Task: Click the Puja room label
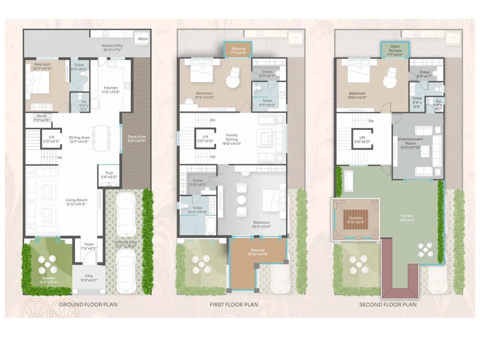pyautogui.click(x=109, y=175)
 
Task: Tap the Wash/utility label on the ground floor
pyautogui.click(x=112, y=48)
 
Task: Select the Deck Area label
pyautogui.click(x=136, y=139)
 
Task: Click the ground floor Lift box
pyautogui.click(x=51, y=139)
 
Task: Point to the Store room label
pyautogui.click(x=41, y=118)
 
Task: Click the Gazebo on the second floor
pyautogui.click(x=355, y=220)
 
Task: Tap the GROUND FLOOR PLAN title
pyautogui.click(x=88, y=304)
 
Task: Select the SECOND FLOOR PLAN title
pyautogui.click(x=388, y=304)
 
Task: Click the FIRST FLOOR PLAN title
pyautogui.click(x=234, y=304)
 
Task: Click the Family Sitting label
pyautogui.click(x=232, y=139)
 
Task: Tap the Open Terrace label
pyautogui.click(x=395, y=50)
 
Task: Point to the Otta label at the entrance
pyautogui.click(x=89, y=278)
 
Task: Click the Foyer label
pyautogui.click(x=89, y=246)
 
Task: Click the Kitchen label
pyautogui.click(x=111, y=90)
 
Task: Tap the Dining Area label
pyautogui.click(x=79, y=139)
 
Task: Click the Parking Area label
pyautogui.click(x=125, y=244)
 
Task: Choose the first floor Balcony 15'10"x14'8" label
pyautogui.click(x=257, y=252)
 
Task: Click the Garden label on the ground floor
pyautogui.click(x=48, y=280)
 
